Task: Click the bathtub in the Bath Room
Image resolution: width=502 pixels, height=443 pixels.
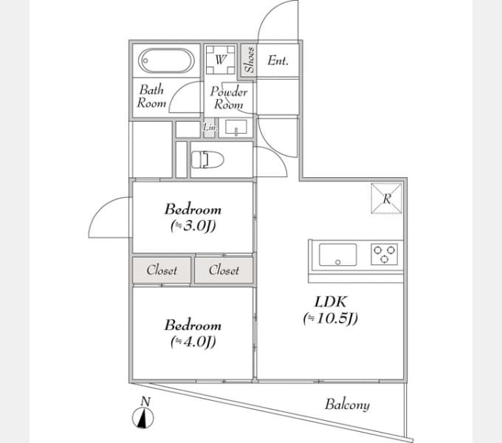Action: click(x=166, y=59)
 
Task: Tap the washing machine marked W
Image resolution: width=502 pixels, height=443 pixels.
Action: click(x=219, y=59)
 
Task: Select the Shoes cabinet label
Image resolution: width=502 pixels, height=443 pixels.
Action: click(x=250, y=60)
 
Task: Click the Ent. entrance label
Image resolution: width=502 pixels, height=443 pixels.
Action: click(x=278, y=61)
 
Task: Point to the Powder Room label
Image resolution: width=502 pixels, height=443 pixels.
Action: click(x=228, y=98)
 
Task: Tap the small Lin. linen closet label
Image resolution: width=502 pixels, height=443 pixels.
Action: click(x=209, y=128)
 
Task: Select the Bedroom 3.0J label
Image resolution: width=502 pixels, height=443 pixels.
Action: click(x=193, y=218)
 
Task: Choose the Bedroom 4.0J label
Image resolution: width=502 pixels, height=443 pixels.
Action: click(x=193, y=333)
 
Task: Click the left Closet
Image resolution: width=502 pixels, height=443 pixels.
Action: click(x=162, y=270)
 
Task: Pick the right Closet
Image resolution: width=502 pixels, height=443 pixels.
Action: click(x=224, y=270)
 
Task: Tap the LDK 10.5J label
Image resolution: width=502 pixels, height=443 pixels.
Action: click(x=329, y=310)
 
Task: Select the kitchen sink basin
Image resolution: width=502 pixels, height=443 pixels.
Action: click(x=337, y=255)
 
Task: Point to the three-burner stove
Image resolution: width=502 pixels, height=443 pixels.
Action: click(x=385, y=255)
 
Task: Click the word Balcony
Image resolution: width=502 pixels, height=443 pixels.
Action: click(x=347, y=405)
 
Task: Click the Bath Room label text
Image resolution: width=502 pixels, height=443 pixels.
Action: click(x=151, y=97)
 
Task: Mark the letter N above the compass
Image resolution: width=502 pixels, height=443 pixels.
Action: click(x=146, y=402)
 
